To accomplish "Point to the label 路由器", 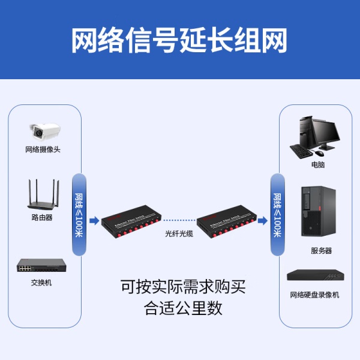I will (42, 218).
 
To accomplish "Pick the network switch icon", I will (41, 266).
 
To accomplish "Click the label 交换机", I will (41, 282).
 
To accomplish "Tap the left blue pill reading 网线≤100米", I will (79, 214).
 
